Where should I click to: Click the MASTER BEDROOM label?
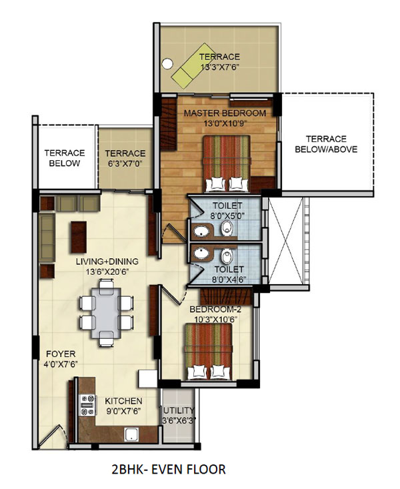(x=225, y=113)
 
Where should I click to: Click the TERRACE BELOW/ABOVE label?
(x=326, y=145)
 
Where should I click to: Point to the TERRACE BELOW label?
(x=64, y=158)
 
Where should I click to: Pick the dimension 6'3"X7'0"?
(x=125, y=163)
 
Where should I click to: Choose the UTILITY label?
(x=179, y=410)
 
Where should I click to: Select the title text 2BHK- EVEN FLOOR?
(x=169, y=470)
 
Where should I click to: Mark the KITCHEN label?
(x=123, y=401)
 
